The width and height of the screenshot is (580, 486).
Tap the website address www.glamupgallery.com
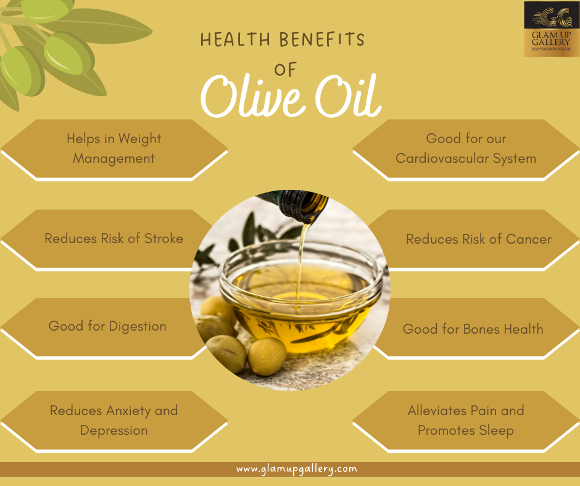point(296,469)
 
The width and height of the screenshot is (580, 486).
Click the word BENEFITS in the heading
point(322,41)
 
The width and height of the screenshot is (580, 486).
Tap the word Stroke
point(164,239)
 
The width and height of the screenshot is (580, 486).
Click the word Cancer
point(528,239)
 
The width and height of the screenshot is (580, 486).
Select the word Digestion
point(137,326)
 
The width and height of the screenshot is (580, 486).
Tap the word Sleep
point(497,430)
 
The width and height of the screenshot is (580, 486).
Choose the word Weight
point(139,139)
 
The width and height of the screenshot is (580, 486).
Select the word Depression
point(114,430)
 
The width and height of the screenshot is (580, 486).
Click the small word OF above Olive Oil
point(286,70)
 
